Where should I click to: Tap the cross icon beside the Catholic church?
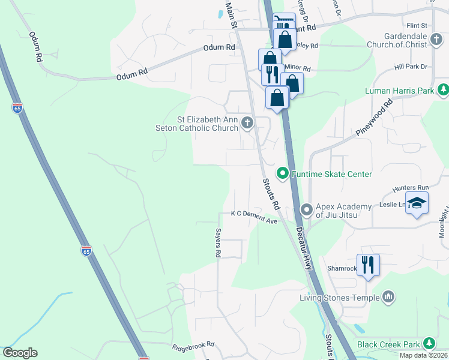click(x=247, y=124)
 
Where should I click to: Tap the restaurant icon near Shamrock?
click(x=368, y=264)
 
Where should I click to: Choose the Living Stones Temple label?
click(x=340, y=298)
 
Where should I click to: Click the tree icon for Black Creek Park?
click(x=429, y=344)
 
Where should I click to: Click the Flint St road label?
click(x=416, y=26)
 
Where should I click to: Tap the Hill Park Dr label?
click(x=410, y=67)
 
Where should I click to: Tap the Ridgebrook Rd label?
click(x=193, y=345)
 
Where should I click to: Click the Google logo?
click(x=20, y=353)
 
